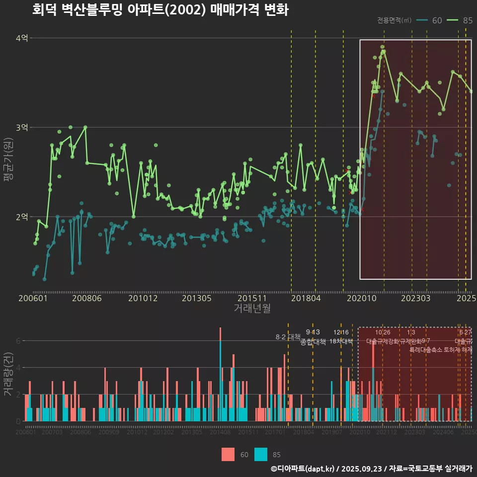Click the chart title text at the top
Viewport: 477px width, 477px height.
pyautogui.click(x=160, y=10)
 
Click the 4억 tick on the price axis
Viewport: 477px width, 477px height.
pyautogui.click(x=21, y=38)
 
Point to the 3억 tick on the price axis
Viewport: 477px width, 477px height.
pyautogui.click(x=21, y=128)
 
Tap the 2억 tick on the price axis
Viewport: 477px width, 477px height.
pyautogui.click(x=21, y=217)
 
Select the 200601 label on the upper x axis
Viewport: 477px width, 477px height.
pyautogui.click(x=33, y=299)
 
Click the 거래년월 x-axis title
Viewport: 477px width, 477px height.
pyautogui.click(x=252, y=309)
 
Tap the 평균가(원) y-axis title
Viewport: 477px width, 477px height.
pyautogui.click(x=8, y=161)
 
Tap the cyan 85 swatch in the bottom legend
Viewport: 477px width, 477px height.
pyautogui.click(x=261, y=454)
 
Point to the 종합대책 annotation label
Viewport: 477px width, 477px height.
pyautogui.click(x=313, y=342)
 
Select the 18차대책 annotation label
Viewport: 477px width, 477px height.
pyautogui.click(x=341, y=341)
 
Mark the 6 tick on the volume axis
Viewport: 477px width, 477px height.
pyautogui.click(x=18, y=341)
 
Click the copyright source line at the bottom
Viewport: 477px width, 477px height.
pyautogui.click(x=371, y=469)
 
